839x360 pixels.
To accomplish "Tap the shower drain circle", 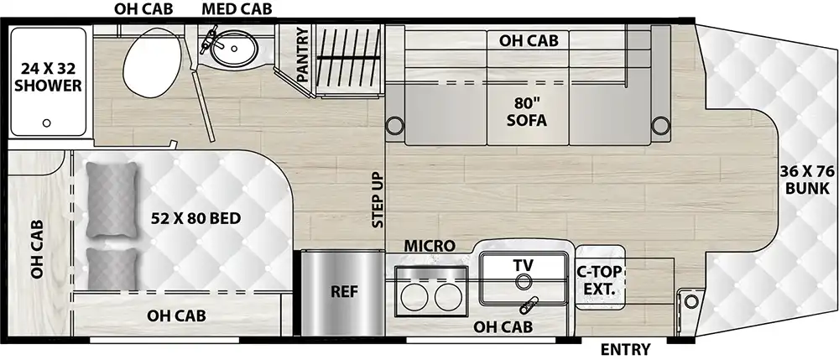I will coord(47,123).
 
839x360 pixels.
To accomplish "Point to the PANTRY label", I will coord(302,56).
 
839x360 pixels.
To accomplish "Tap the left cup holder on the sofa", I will coord(393,127).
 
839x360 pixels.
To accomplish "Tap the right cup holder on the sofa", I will coord(660,127).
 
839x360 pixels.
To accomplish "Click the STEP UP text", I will coord(378,200).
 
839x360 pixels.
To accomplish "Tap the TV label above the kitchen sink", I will coord(524,264).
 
